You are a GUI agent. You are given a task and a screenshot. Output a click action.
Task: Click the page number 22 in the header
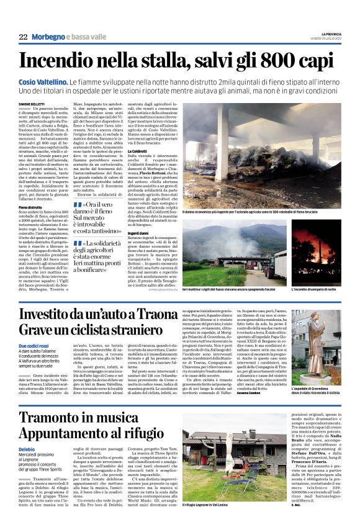point(23,37)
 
